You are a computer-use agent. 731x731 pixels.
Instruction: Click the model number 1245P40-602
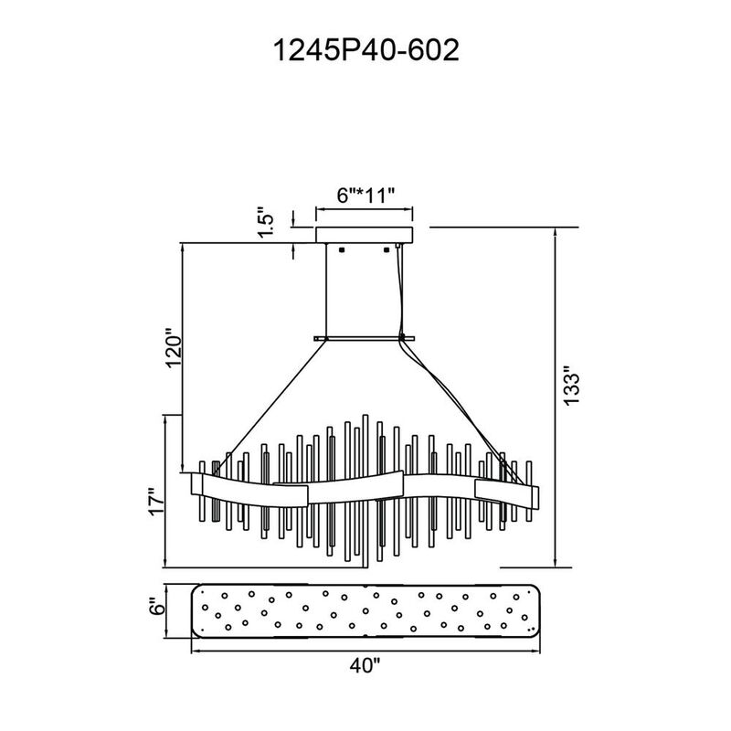tap(366, 50)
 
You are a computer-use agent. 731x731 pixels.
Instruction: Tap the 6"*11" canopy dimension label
tap(366, 196)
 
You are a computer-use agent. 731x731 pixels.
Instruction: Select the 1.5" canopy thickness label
tap(268, 222)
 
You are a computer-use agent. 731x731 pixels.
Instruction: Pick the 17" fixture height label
tap(156, 502)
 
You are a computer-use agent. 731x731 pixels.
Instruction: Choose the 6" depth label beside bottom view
tap(158, 609)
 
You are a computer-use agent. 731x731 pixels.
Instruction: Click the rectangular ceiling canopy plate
tap(364, 235)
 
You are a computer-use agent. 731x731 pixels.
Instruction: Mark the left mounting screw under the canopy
tap(341, 249)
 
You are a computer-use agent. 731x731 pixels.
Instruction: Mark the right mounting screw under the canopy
tap(386, 249)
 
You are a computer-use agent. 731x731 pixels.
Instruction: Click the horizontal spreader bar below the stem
tap(364, 338)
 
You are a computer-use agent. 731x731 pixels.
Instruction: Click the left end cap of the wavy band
tap(196, 485)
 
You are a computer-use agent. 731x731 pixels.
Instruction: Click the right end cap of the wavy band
tap(534, 497)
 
